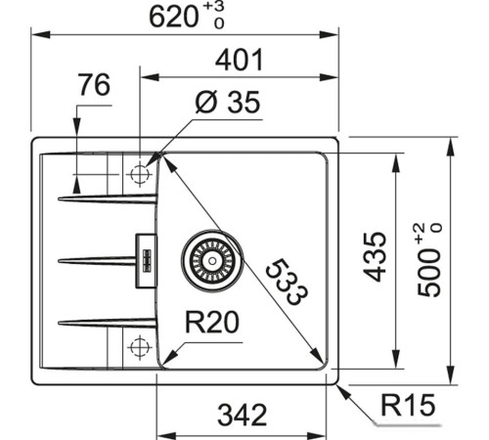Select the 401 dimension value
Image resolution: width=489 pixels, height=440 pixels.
point(239,61)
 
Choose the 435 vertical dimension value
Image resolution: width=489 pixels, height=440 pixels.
point(376,256)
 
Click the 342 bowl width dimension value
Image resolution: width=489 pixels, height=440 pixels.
point(243,416)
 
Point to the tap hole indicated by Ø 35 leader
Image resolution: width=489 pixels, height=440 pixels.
point(138,174)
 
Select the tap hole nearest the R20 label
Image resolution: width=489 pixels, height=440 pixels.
point(138,344)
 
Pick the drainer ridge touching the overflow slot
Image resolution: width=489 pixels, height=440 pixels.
point(98,260)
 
